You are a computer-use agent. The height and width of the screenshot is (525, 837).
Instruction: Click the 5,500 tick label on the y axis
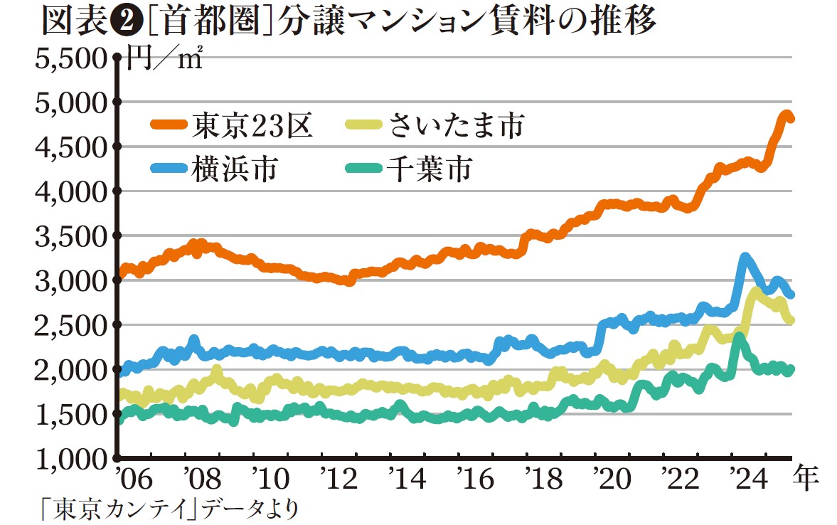(x=70, y=59)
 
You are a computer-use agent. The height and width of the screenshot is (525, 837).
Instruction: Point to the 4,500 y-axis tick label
(x=70, y=147)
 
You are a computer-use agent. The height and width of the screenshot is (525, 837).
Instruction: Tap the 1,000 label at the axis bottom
(x=70, y=459)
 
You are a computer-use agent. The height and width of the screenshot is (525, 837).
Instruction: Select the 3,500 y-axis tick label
(x=70, y=236)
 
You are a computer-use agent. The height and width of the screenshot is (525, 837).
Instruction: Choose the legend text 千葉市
(x=430, y=169)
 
